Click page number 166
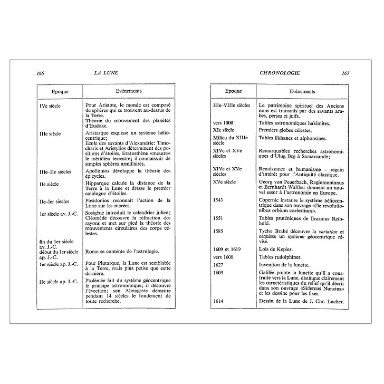point(41,73)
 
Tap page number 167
point(345,73)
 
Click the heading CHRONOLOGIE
point(279,73)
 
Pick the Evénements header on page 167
point(302,91)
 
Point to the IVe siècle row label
point(50,106)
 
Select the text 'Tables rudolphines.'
point(284,257)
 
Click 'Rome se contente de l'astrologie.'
point(122,252)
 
